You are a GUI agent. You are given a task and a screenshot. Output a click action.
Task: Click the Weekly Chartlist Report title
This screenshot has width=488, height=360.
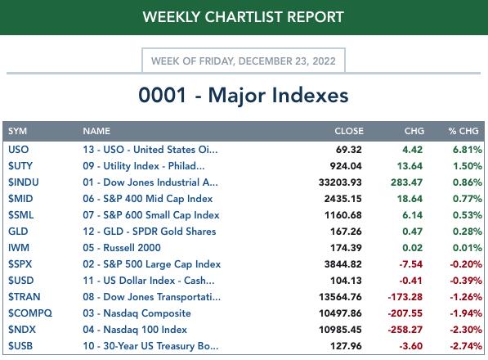tap(244, 17)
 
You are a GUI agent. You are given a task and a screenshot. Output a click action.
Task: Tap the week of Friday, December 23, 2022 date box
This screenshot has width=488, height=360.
tap(244, 61)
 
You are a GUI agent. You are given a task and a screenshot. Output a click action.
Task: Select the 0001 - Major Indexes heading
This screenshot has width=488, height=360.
tap(244, 95)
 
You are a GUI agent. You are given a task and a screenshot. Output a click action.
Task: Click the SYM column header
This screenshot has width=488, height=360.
tap(17, 131)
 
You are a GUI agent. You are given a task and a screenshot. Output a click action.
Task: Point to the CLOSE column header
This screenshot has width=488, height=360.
tap(349, 131)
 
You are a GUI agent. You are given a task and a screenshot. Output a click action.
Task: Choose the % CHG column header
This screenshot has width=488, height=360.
tap(463, 131)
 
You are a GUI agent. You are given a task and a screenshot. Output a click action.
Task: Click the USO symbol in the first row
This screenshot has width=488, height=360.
tap(18, 150)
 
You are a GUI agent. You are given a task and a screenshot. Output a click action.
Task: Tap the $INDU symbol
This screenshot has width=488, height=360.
tap(24, 182)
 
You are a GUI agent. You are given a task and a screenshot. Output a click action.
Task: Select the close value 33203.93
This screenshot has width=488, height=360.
tap(340, 182)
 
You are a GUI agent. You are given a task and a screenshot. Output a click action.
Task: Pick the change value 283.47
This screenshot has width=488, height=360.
tap(406, 182)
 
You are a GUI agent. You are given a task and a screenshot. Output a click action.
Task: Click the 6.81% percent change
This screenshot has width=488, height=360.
tap(467, 150)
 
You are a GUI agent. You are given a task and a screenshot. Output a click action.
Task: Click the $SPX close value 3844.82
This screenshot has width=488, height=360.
tap(343, 264)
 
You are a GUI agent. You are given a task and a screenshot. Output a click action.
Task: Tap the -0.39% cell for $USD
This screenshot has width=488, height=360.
tap(466, 281)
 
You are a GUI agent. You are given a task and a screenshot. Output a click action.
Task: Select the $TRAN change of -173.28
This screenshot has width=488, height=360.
tap(405, 297)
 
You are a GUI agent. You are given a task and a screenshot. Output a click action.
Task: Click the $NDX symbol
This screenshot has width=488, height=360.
tap(22, 330)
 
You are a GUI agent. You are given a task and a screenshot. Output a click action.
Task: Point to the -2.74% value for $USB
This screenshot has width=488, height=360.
tap(466, 346)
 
